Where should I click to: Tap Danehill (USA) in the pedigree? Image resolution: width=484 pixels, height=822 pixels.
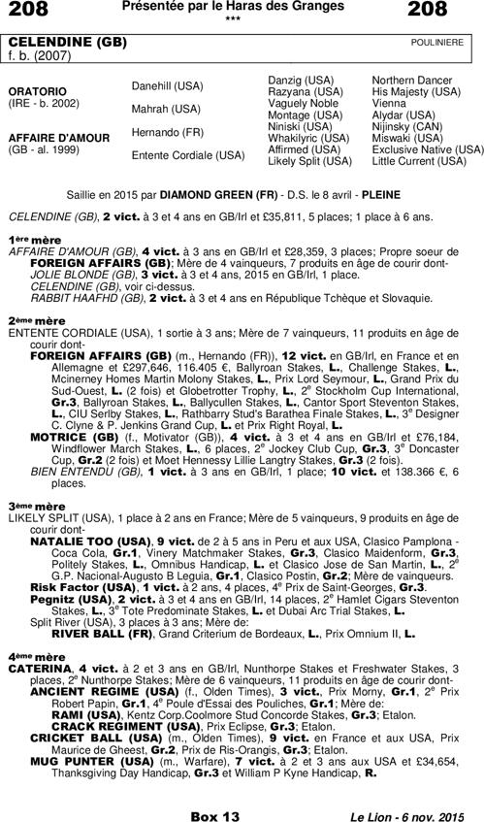[167, 86]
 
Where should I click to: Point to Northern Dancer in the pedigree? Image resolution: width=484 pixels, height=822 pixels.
[412, 79]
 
